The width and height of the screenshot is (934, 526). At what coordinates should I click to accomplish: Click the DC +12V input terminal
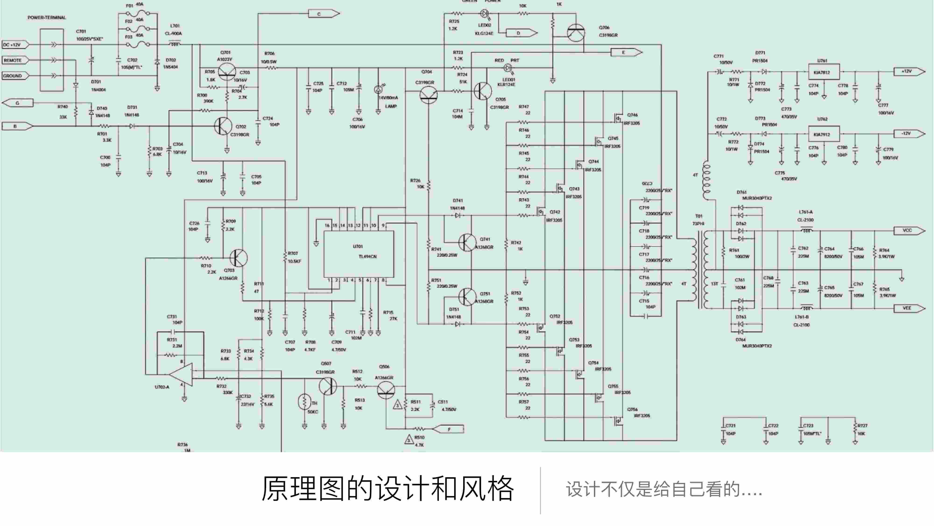pos(14,45)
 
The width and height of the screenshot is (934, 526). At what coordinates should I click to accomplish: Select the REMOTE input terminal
pos(14,60)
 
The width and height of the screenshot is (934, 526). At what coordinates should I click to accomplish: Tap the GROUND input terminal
pos(14,76)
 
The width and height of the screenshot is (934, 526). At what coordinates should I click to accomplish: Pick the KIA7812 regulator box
pos(823,72)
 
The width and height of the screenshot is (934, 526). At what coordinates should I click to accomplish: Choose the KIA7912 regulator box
pos(823,134)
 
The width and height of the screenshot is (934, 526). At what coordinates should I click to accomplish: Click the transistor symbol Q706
pos(576,33)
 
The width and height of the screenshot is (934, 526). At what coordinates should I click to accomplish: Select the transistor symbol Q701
pos(227,72)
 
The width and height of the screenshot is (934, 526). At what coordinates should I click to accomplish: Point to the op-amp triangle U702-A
pos(181,374)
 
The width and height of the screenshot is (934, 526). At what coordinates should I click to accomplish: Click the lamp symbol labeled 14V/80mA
pos(378,89)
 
